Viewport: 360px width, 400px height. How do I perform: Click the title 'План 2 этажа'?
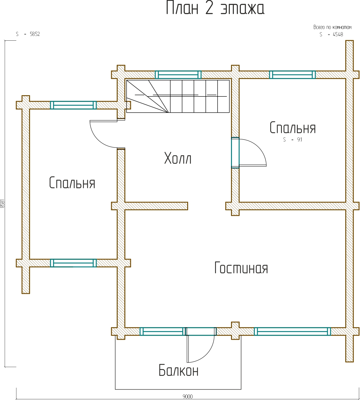pyautogui.click(x=215, y=8)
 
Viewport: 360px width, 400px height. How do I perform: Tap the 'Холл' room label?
pyautogui.click(x=178, y=159)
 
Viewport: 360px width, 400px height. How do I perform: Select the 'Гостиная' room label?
pyautogui.click(x=241, y=268)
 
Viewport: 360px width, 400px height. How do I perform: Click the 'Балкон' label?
pyautogui.click(x=179, y=371)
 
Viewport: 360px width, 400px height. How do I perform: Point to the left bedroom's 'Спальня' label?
pyautogui.click(x=72, y=183)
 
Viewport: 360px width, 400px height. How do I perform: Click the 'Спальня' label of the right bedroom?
pyautogui.click(x=293, y=128)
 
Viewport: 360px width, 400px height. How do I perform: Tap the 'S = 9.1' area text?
pyautogui.click(x=293, y=140)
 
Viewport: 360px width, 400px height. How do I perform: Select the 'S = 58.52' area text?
pyautogui.click(x=28, y=34)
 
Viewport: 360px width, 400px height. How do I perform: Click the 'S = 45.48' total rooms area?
pyautogui.click(x=331, y=35)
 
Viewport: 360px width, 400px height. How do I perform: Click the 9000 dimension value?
pyautogui.click(x=188, y=397)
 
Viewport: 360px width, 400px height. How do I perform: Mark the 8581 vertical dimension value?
pyautogui.click(x=2, y=204)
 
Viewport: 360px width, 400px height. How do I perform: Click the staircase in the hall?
pyautogui.click(x=178, y=96)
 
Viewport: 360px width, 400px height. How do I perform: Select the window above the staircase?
pyautogui.click(x=178, y=75)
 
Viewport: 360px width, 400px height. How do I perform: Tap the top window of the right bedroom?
pyautogui.click(x=292, y=75)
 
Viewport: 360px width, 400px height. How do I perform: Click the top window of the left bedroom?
pyautogui.click(x=73, y=105)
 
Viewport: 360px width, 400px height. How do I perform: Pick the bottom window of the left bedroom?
pyautogui.click(x=73, y=263)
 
